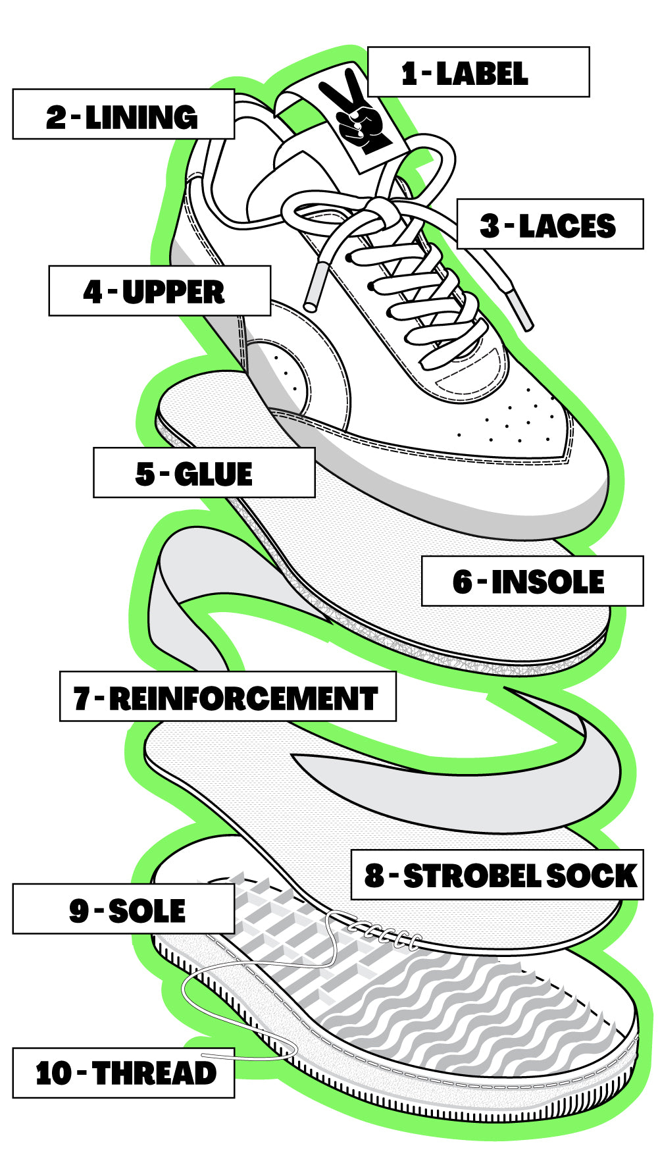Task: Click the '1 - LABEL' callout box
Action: click(478, 72)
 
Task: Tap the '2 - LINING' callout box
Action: click(124, 115)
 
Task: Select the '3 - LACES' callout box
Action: click(549, 224)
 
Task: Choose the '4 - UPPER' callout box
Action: click(160, 291)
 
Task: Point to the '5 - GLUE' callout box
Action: click(204, 473)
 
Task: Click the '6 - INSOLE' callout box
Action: click(532, 581)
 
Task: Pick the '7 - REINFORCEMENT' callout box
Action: click(228, 696)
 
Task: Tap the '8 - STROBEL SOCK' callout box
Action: click(497, 875)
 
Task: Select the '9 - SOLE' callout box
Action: click(124, 909)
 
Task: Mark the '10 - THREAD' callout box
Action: click(124, 1072)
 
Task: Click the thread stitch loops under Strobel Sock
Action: click(388, 933)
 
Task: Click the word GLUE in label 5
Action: click(213, 474)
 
